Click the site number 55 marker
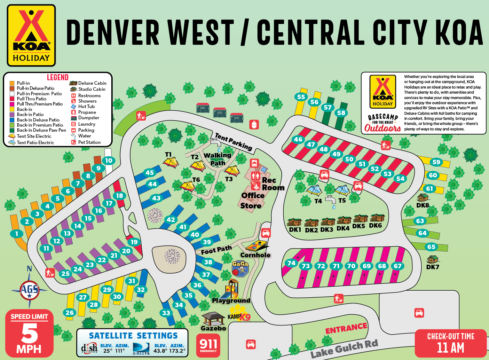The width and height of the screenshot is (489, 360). click(x=301, y=97)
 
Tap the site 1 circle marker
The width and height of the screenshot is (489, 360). click(x=17, y=234)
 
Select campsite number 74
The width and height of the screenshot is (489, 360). click(x=291, y=263)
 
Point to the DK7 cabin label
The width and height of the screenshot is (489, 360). click(x=433, y=267)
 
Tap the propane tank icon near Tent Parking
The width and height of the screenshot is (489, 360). click(x=254, y=124)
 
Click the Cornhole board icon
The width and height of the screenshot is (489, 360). click(x=257, y=246)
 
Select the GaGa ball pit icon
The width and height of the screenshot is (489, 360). click(x=240, y=269)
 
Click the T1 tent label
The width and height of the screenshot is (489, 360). click(x=168, y=155)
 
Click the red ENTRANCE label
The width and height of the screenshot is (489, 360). click(x=346, y=328)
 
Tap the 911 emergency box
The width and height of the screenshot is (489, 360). click(x=208, y=345)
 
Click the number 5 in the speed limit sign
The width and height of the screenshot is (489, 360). click(x=29, y=333)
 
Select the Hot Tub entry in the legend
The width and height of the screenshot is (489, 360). click(x=86, y=106)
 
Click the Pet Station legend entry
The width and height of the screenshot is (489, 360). click(x=89, y=142)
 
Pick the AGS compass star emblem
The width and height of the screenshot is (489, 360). click(x=29, y=290)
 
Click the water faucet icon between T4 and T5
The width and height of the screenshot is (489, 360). click(x=331, y=201)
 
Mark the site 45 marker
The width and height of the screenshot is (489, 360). click(x=150, y=173)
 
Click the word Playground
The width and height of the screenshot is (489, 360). click(x=231, y=301)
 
